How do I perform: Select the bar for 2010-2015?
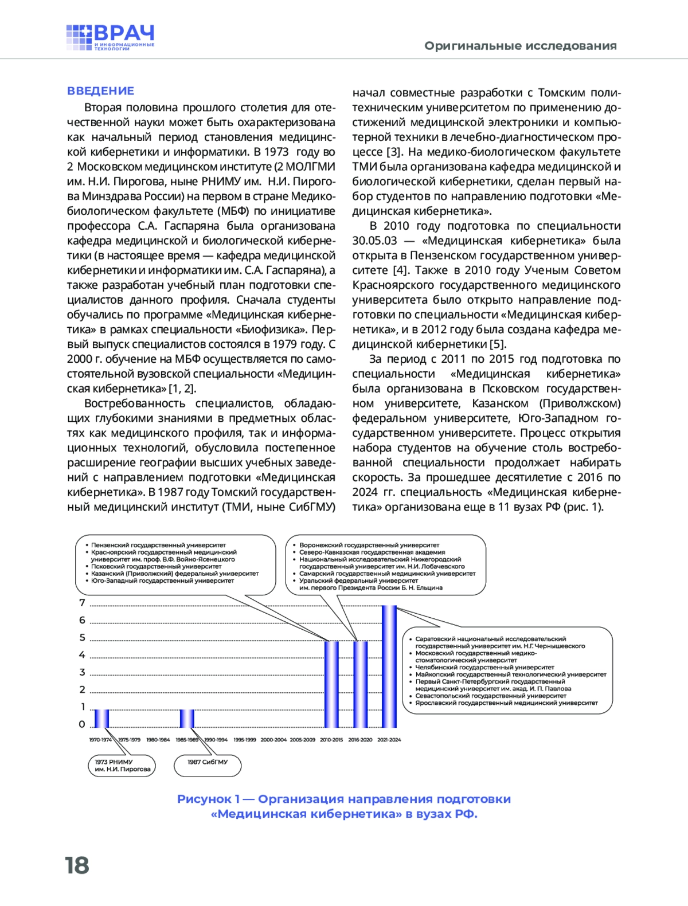tap(331, 684)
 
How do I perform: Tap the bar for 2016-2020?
tap(360, 684)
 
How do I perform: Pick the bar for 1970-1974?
tap(101, 718)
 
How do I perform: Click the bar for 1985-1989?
tap(187, 718)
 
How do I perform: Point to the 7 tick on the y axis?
tap(82, 603)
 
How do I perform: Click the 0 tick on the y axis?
tap(82, 724)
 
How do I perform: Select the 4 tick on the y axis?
tap(82, 654)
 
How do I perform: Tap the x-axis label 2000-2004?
tap(273, 740)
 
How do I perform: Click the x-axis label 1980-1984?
tap(158, 740)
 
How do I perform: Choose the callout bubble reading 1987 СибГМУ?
tap(208, 765)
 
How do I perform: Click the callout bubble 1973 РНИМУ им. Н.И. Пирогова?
tap(122, 766)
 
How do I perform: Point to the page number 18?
tap(77, 865)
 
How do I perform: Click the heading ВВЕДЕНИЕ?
tap(100, 91)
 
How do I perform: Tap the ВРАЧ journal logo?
tap(110, 38)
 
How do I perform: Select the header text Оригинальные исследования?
tap(520, 46)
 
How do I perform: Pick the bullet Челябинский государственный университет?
tap(484, 668)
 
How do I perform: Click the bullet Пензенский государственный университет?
tap(158, 545)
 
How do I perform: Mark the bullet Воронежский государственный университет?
tap(369, 545)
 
